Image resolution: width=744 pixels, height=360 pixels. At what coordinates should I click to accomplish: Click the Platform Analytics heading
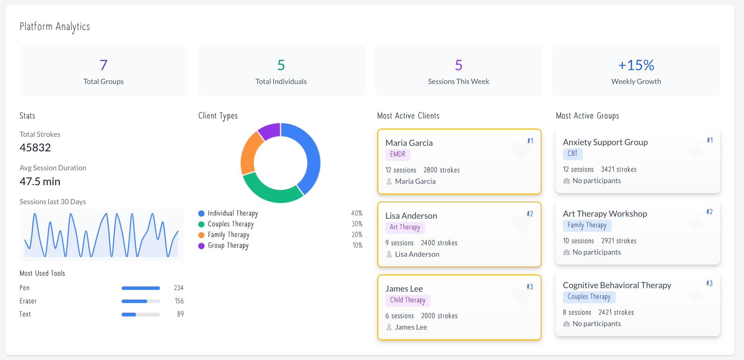pyautogui.click(x=55, y=27)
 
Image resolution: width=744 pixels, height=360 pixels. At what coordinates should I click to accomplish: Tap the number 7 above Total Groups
pyautogui.click(x=103, y=65)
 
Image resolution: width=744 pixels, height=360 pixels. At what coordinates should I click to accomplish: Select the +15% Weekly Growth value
pyautogui.click(x=636, y=65)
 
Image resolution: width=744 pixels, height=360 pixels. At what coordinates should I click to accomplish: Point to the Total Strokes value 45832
pyautogui.click(x=35, y=148)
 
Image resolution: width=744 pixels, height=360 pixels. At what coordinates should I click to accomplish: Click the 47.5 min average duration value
pyautogui.click(x=40, y=181)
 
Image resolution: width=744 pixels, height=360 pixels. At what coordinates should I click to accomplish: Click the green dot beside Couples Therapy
pyautogui.click(x=201, y=224)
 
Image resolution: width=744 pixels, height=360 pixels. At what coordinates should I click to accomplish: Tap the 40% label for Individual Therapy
pyautogui.click(x=356, y=213)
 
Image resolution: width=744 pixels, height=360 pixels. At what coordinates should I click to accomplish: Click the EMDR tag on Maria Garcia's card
pyautogui.click(x=398, y=154)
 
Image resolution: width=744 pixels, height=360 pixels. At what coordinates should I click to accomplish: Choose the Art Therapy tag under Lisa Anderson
pyautogui.click(x=405, y=227)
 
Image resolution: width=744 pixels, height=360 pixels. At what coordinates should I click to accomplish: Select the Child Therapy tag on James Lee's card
pyautogui.click(x=408, y=300)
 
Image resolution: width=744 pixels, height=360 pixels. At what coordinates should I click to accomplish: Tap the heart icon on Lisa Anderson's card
pyautogui.click(x=521, y=224)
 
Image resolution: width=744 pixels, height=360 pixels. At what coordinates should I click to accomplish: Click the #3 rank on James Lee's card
pyautogui.click(x=530, y=287)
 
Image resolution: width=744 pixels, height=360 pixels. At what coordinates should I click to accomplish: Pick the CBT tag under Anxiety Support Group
pyautogui.click(x=572, y=154)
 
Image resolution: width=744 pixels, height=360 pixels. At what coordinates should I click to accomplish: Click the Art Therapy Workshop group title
pyautogui.click(x=605, y=214)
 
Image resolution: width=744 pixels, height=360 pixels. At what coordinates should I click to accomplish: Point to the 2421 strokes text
pyautogui.click(x=616, y=312)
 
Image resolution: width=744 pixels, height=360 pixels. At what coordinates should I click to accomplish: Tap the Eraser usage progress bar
pyautogui.click(x=141, y=301)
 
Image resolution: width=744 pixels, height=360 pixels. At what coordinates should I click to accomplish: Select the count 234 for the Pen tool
pyautogui.click(x=179, y=288)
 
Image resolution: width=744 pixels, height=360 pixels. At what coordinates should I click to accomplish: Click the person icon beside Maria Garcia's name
pyautogui.click(x=389, y=181)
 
